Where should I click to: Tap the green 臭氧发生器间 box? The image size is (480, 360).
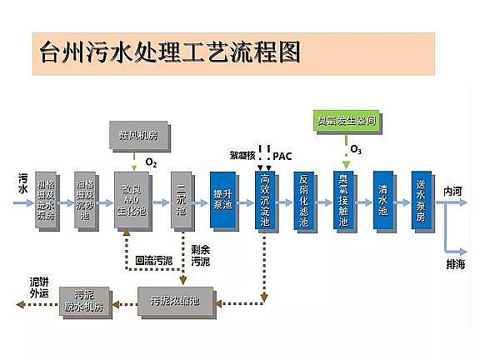click(344, 121)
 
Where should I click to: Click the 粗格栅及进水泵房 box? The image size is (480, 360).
click(47, 200)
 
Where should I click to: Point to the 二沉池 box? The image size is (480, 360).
click(181, 200)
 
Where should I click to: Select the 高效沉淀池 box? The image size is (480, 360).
click(264, 200)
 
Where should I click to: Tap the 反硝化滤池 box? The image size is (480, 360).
click(304, 200)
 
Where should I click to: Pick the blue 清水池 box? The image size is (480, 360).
click(383, 200)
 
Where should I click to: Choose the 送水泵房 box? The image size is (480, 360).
click(422, 200)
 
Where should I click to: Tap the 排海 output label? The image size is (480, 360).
click(455, 264)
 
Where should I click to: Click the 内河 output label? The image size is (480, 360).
click(455, 191)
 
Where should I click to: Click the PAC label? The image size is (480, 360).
click(282, 156)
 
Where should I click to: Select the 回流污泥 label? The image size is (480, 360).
click(154, 260)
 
